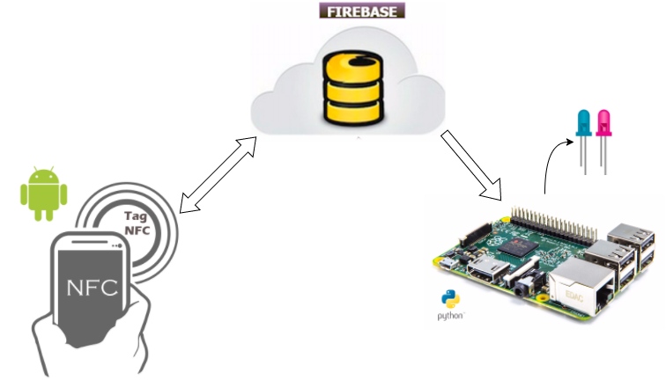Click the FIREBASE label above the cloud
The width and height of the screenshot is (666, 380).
tap(363, 11)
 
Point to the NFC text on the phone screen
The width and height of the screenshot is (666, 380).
tap(93, 288)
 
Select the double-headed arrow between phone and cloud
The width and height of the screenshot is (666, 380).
tap(217, 175)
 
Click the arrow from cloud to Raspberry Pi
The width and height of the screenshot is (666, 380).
tap(471, 165)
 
